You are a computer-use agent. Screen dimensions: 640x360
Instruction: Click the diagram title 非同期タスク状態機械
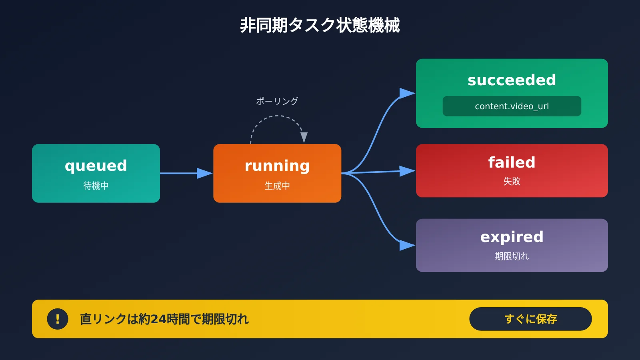coord(320,25)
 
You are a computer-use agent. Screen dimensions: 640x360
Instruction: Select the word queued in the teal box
coord(96,166)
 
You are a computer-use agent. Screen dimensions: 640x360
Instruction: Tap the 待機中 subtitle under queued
coord(96,186)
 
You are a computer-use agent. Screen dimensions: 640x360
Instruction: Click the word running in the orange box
coord(277,166)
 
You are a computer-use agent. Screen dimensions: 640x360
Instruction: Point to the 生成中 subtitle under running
coord(277,186)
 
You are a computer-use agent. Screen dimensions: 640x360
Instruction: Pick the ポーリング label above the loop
coord(277,101)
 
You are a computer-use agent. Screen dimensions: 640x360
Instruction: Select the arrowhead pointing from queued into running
coord(204,173)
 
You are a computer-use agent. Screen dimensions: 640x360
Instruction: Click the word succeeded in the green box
coord(512,80)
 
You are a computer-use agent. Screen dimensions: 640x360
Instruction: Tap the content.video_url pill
coord(512,106)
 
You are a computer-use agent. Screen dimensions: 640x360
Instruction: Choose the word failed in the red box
coord(512,162)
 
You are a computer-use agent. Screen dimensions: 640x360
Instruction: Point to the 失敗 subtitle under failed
coord(512,181)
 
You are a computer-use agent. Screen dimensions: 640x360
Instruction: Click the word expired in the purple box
coord(512,237)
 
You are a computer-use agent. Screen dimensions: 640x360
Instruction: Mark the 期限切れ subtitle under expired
coord(512,256)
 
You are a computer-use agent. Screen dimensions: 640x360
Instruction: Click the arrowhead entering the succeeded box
coord(407,93)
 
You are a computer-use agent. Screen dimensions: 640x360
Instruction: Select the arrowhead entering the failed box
coord(407,171)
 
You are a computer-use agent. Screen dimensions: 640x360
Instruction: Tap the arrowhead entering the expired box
coord(407,245)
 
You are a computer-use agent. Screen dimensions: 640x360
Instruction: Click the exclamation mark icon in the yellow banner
coord(58,319)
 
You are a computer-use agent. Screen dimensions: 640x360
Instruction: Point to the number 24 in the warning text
coord(158,319)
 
